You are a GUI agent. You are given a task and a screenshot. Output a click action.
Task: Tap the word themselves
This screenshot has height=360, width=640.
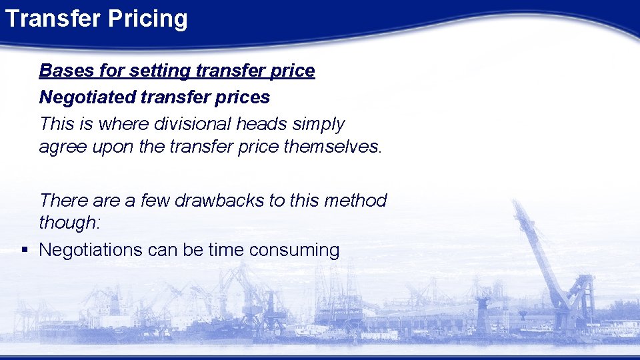coord(331,147)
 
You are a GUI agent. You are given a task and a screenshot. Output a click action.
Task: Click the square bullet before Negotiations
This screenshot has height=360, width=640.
coord(24,250)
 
